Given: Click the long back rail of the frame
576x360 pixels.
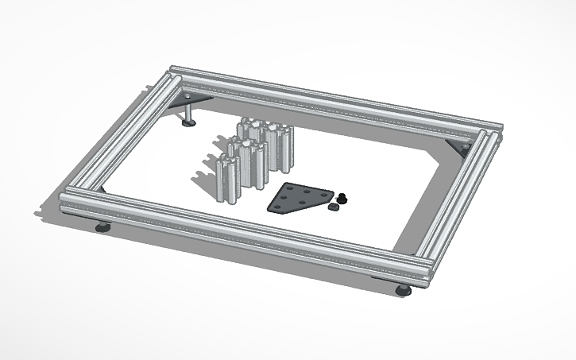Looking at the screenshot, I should point(334,99).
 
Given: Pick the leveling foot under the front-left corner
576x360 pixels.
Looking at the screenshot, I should point(103,227).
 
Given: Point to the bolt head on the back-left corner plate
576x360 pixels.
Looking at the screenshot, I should point(188,96).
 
